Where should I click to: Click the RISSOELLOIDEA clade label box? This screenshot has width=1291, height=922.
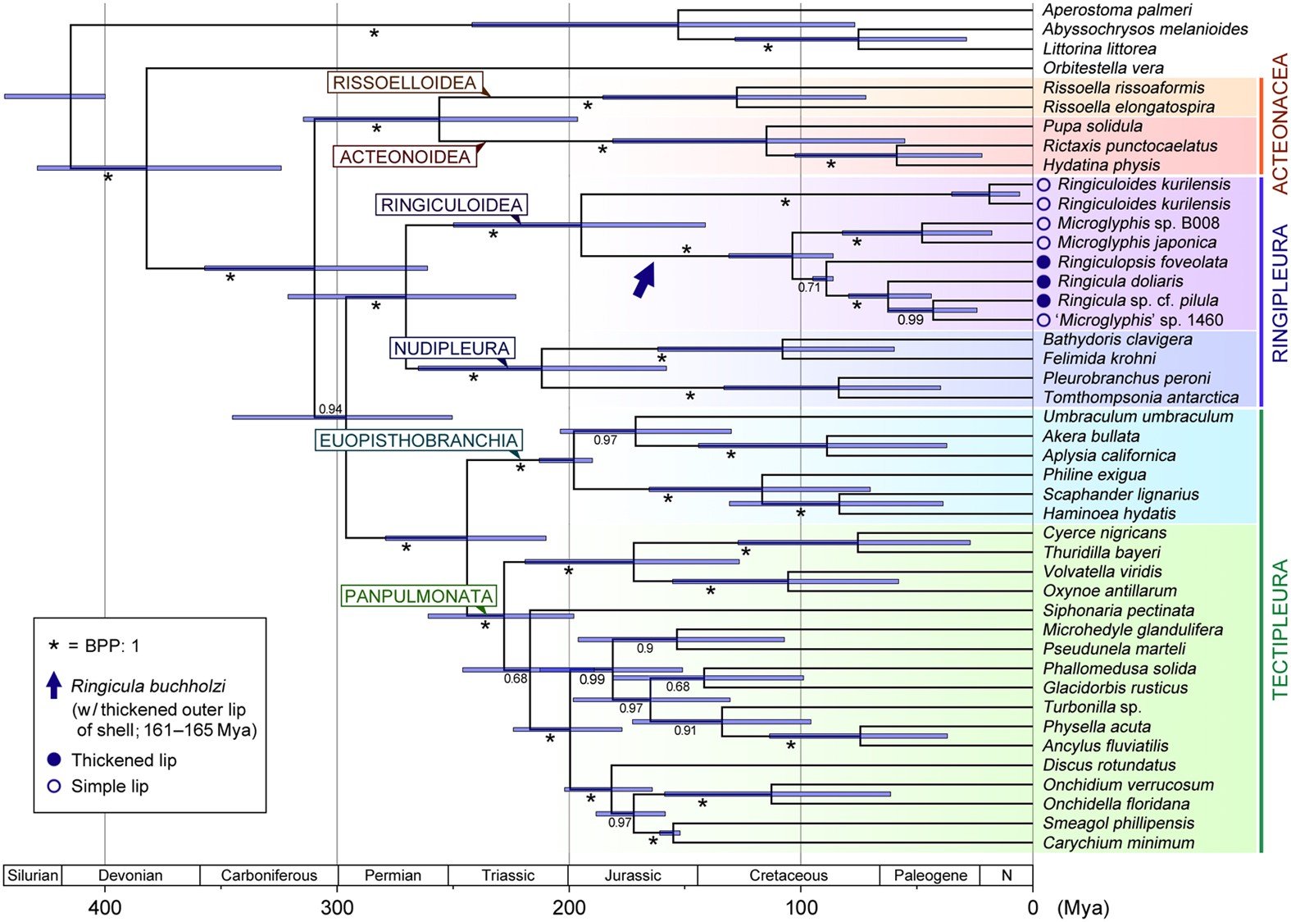404,83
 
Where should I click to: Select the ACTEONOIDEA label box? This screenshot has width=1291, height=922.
405,157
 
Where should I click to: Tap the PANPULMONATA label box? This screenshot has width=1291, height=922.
418,596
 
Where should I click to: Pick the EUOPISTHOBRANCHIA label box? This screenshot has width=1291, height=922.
418,440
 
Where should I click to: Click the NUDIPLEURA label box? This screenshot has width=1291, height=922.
452,349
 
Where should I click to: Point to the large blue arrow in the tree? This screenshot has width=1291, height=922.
645,279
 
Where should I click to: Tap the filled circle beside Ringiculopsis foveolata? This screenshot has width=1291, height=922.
1043,262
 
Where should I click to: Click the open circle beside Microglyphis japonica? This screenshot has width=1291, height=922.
1043,243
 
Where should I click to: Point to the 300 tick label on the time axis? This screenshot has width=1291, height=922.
337,907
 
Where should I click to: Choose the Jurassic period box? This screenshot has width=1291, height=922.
632,875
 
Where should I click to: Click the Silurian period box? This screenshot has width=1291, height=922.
33,875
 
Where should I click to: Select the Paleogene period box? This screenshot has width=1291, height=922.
930,875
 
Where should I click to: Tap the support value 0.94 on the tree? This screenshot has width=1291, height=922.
330,409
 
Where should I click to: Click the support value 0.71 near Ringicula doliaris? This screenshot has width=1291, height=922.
809,288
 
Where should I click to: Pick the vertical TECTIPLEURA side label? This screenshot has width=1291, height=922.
1280,629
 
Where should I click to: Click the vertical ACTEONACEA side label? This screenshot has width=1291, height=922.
1280,123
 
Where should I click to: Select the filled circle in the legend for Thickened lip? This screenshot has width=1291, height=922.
54,760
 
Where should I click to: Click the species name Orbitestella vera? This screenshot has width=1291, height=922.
1102,68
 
